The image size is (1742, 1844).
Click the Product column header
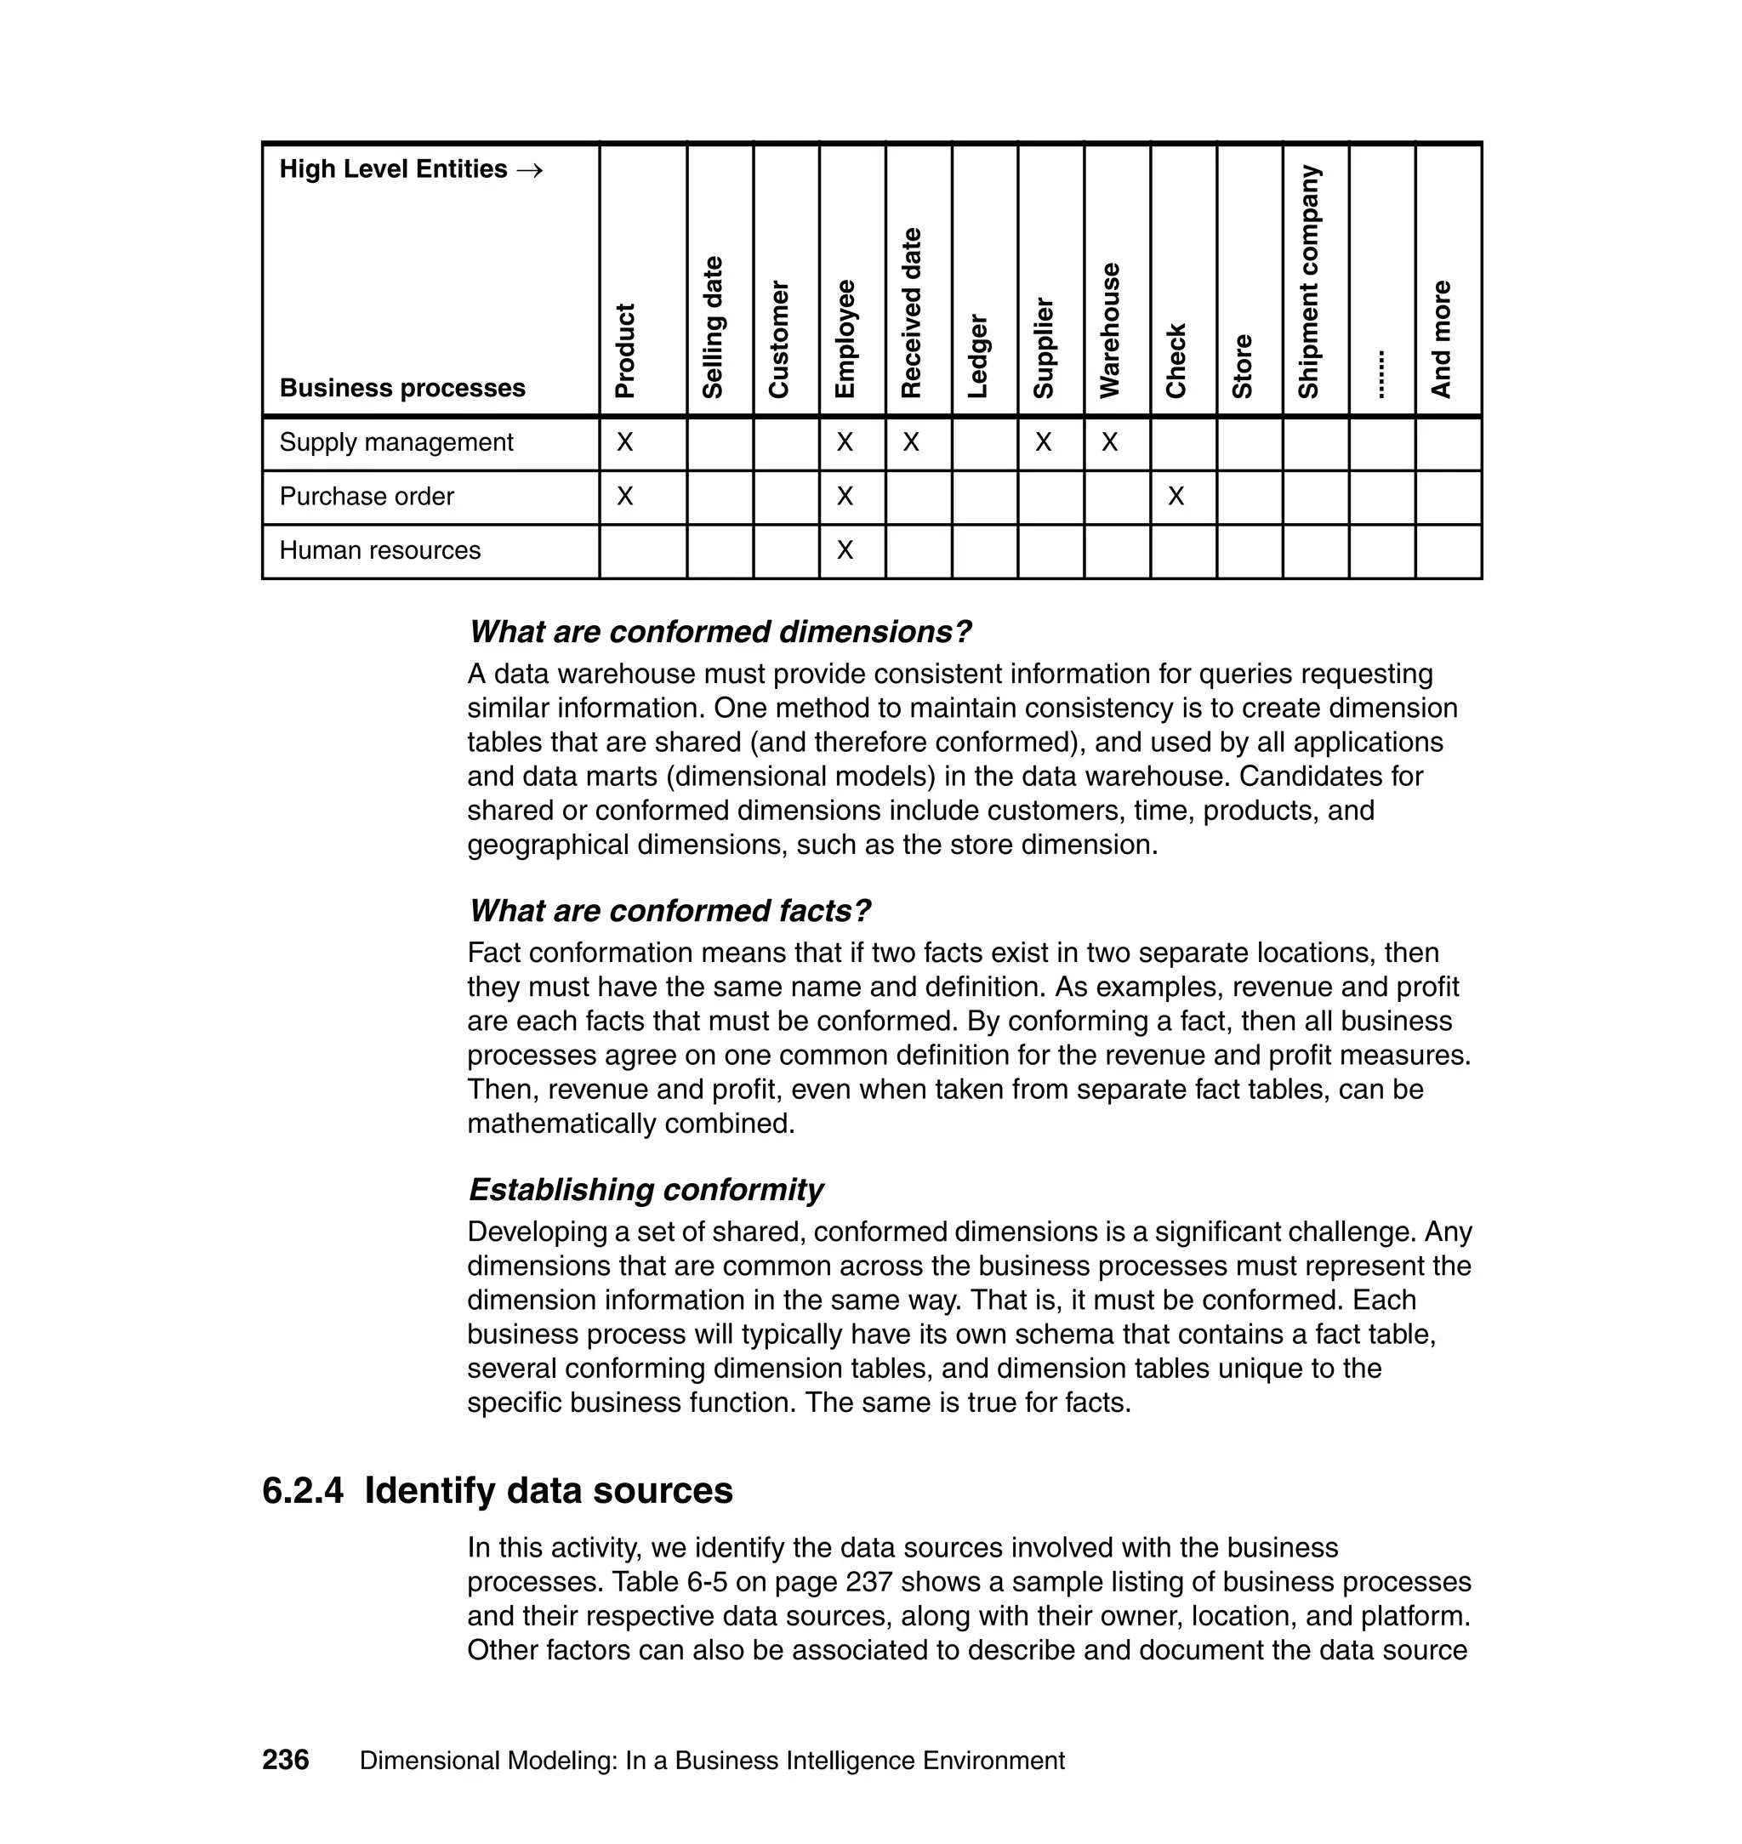626,351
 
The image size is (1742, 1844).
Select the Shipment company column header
1308,282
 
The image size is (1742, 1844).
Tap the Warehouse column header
1110,332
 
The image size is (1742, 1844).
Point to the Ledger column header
978,356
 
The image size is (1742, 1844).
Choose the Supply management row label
396,442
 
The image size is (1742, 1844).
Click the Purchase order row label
366,497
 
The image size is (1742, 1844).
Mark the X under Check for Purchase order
1176,497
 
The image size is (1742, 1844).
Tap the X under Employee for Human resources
844,550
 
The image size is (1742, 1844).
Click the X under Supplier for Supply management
1044,443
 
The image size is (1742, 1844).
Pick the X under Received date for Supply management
911,443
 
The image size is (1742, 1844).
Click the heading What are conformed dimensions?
720,632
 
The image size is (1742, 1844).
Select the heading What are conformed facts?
669,911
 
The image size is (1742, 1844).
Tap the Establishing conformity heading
646,1189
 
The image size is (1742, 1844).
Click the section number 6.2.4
303,1491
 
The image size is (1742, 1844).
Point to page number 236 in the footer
285,1761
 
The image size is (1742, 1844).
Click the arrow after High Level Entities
529,170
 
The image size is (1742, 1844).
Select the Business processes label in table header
402,388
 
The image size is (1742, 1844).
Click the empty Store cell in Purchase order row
1249,498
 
